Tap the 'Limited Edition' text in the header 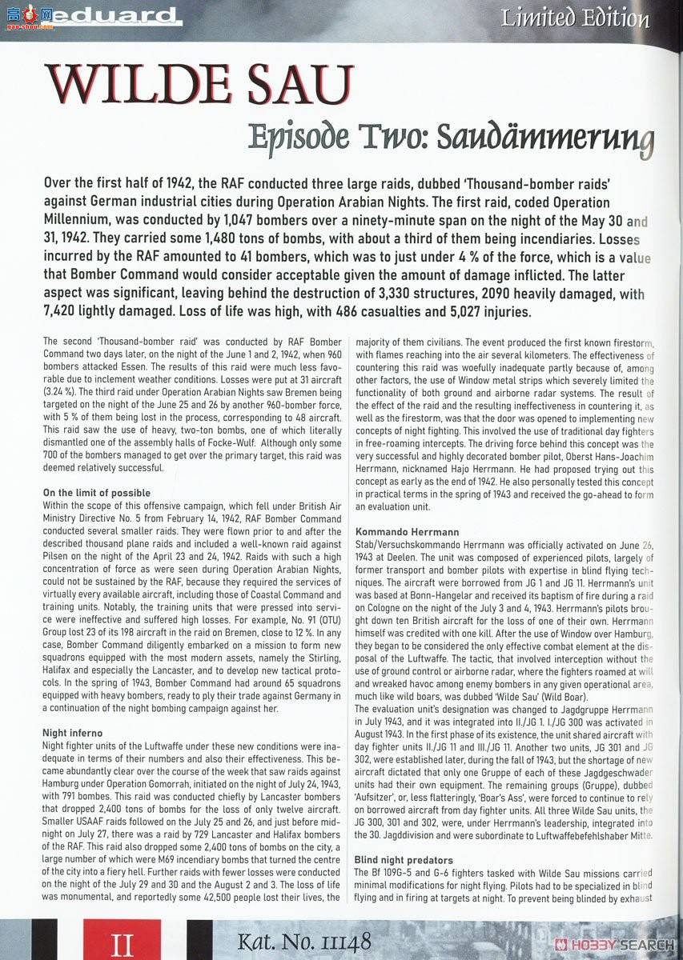(575, 18)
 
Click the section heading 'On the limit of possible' (96, 492)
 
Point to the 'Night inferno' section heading (71, 732)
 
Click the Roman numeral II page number (123, 945)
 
